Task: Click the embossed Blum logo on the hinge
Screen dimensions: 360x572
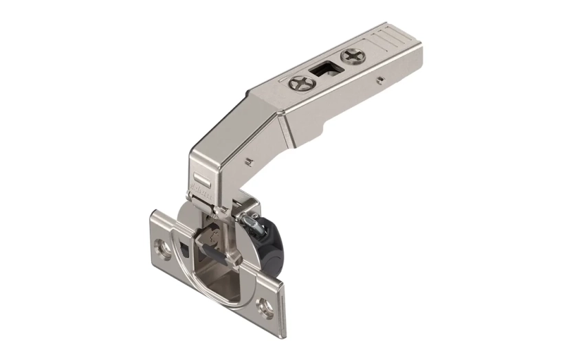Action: point(199,185)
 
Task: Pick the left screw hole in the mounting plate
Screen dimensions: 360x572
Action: point(164,246)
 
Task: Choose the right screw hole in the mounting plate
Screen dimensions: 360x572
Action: point(265,303)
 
